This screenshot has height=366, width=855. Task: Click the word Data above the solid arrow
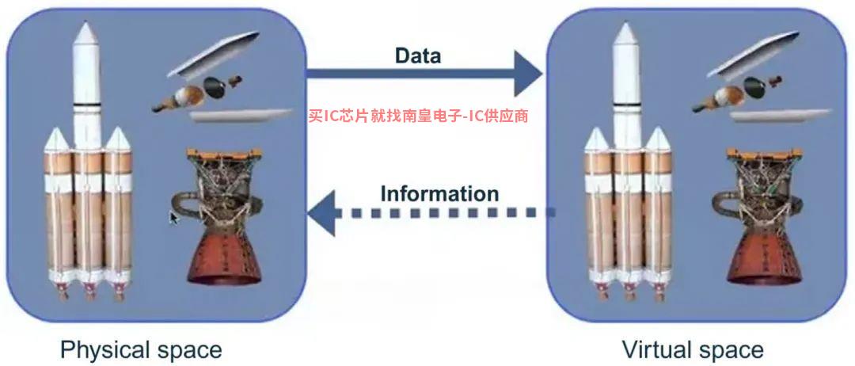pos(418,55)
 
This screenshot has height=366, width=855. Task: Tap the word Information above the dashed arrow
pos(439,194)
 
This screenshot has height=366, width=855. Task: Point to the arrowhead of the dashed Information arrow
pos(321,213)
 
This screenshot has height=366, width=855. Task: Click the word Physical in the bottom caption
pos(104,349)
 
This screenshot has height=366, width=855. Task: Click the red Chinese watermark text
pos(418,116)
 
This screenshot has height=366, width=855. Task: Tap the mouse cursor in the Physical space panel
pos(173,218)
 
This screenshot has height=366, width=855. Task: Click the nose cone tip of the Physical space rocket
pos(86,23)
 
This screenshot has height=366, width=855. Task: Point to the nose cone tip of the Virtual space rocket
pos(626,23)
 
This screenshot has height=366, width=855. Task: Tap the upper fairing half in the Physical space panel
pos(213,55)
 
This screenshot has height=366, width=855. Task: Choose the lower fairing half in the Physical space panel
pos(240,115)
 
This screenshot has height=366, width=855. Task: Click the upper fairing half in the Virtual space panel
pos(753,55)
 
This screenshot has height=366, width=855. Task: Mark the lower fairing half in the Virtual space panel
pos(780,115)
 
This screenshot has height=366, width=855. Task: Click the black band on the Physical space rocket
pos(86,104)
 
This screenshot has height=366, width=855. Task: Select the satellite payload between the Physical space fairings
pos(197,93)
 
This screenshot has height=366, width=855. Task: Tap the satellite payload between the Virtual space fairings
pos(737,93)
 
